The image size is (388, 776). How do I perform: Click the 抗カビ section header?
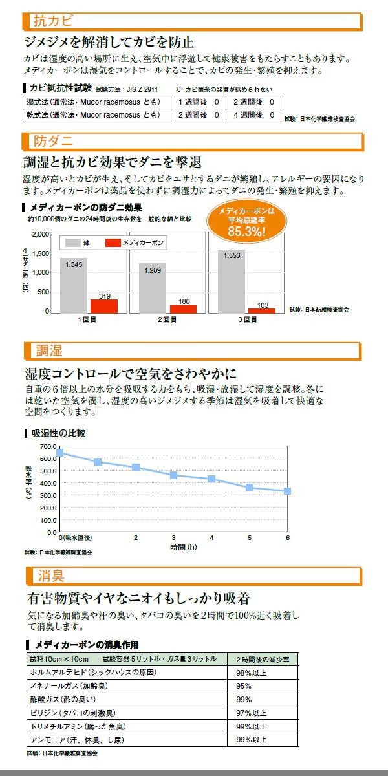pos(49,21)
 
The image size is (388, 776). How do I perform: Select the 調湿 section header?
pos(49,351)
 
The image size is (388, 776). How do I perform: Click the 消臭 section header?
pos(49,575)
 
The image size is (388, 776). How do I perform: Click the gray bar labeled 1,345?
pos(74,285)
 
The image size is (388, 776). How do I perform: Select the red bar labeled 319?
pos(104,306)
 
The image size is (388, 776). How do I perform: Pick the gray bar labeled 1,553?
pos(231,281)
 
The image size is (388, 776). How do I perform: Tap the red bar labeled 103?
pos(262,310)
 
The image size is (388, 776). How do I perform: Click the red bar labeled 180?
pos(183,308)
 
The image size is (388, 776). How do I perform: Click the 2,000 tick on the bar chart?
pos(40,234)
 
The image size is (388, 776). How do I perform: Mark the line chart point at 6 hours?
pos(287,491)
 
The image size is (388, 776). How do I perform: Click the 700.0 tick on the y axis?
pos(48,446)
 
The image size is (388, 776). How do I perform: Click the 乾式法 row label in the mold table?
pos(92,115)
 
